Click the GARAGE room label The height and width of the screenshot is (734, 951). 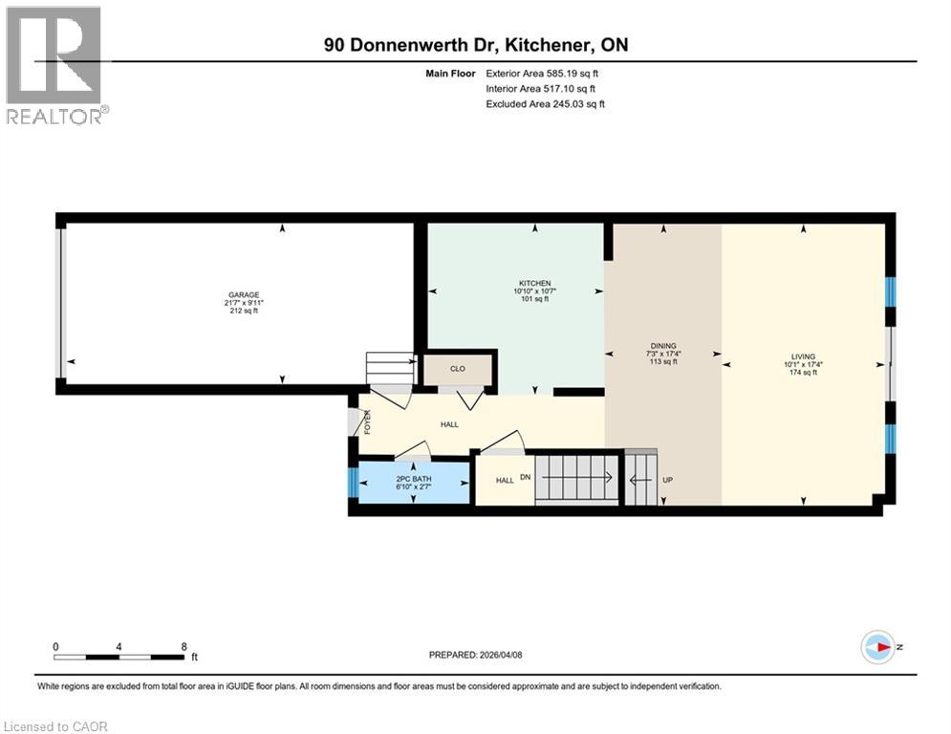pyautogui.click(x=244, y=294)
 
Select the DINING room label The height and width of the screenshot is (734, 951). pyautogui.click(x=663, y=346)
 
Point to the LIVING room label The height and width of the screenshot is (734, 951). pyautogui.click(x=803, y=356)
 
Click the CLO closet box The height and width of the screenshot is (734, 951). pyautogui.click(x=458, y=368)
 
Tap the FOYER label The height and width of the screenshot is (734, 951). pyautogui.click(x=366, y=421)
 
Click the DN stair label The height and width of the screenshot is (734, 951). pyautogui.click(x=525, y=477)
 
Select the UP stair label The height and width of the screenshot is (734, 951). pyautogui.click(x=667, y=479)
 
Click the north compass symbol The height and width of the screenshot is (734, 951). pyautogui.click(x=876, y=647)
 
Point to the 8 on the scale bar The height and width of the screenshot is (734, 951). pyautogui.click(x=184, y=646)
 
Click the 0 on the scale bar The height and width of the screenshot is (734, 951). pyautogui.click(x=56, y=646)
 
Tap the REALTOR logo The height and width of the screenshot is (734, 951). pyautogui.click(x=55, y=65)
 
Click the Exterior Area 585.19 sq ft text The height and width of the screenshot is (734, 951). pyautogui.click(x=542, y=73)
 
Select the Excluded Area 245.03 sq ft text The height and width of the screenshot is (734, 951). pyautogui.click(x=545, y=104)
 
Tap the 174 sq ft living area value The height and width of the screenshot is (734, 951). pyautogui.click(x=803, y=372)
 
